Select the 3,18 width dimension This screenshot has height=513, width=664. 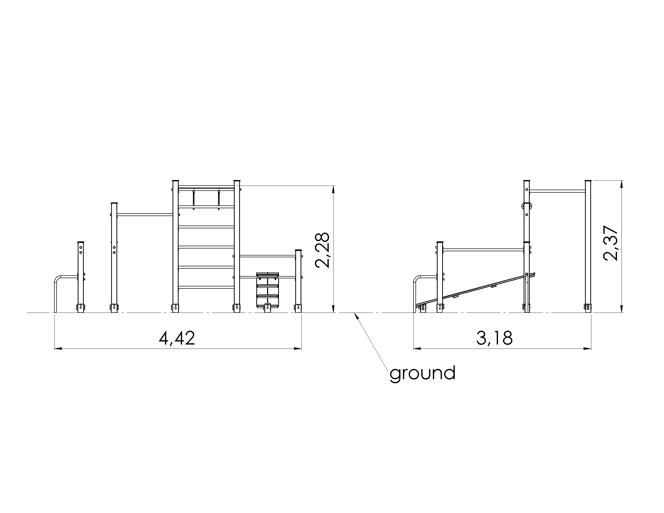(x=494, y=338)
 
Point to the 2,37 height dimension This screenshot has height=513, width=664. (x=610, y=243)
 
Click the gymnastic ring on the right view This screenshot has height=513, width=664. (x=527, y=206)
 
